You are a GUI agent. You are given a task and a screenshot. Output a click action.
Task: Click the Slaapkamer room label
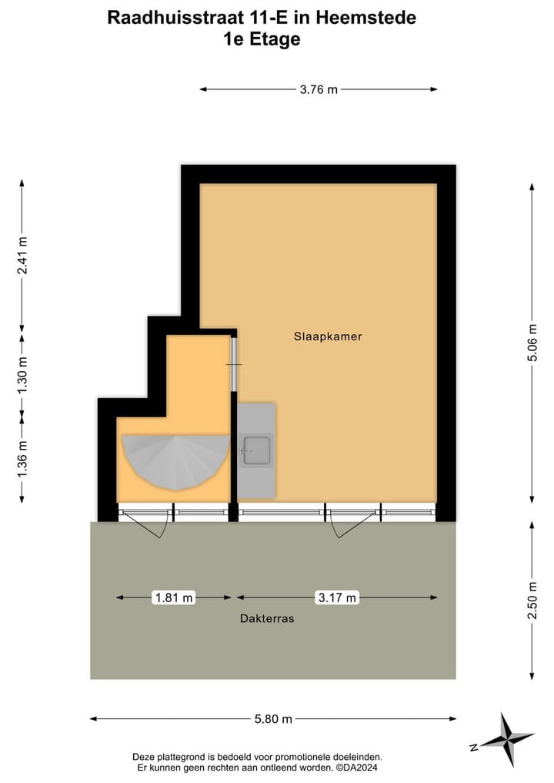click(328, 336)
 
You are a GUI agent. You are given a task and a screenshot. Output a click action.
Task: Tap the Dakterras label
click(267, 618)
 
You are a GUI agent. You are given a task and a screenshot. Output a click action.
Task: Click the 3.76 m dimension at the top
click(319, 89)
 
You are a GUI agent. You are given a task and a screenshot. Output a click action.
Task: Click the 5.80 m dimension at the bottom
click(272, 719)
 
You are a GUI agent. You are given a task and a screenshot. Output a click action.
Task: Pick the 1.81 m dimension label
click(174, 597)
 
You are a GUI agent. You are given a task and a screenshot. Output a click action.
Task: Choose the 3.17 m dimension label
click(337, 597)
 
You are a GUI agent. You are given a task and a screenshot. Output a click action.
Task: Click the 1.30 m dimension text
click(22, 376)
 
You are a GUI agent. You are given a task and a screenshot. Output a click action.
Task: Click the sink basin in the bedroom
click(256, 450)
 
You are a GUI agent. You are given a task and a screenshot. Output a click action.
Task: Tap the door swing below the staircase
click(146, 524)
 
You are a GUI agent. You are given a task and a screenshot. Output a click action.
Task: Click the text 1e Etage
click(262, 39)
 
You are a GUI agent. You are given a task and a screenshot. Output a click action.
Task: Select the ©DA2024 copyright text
click(357, 768)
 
